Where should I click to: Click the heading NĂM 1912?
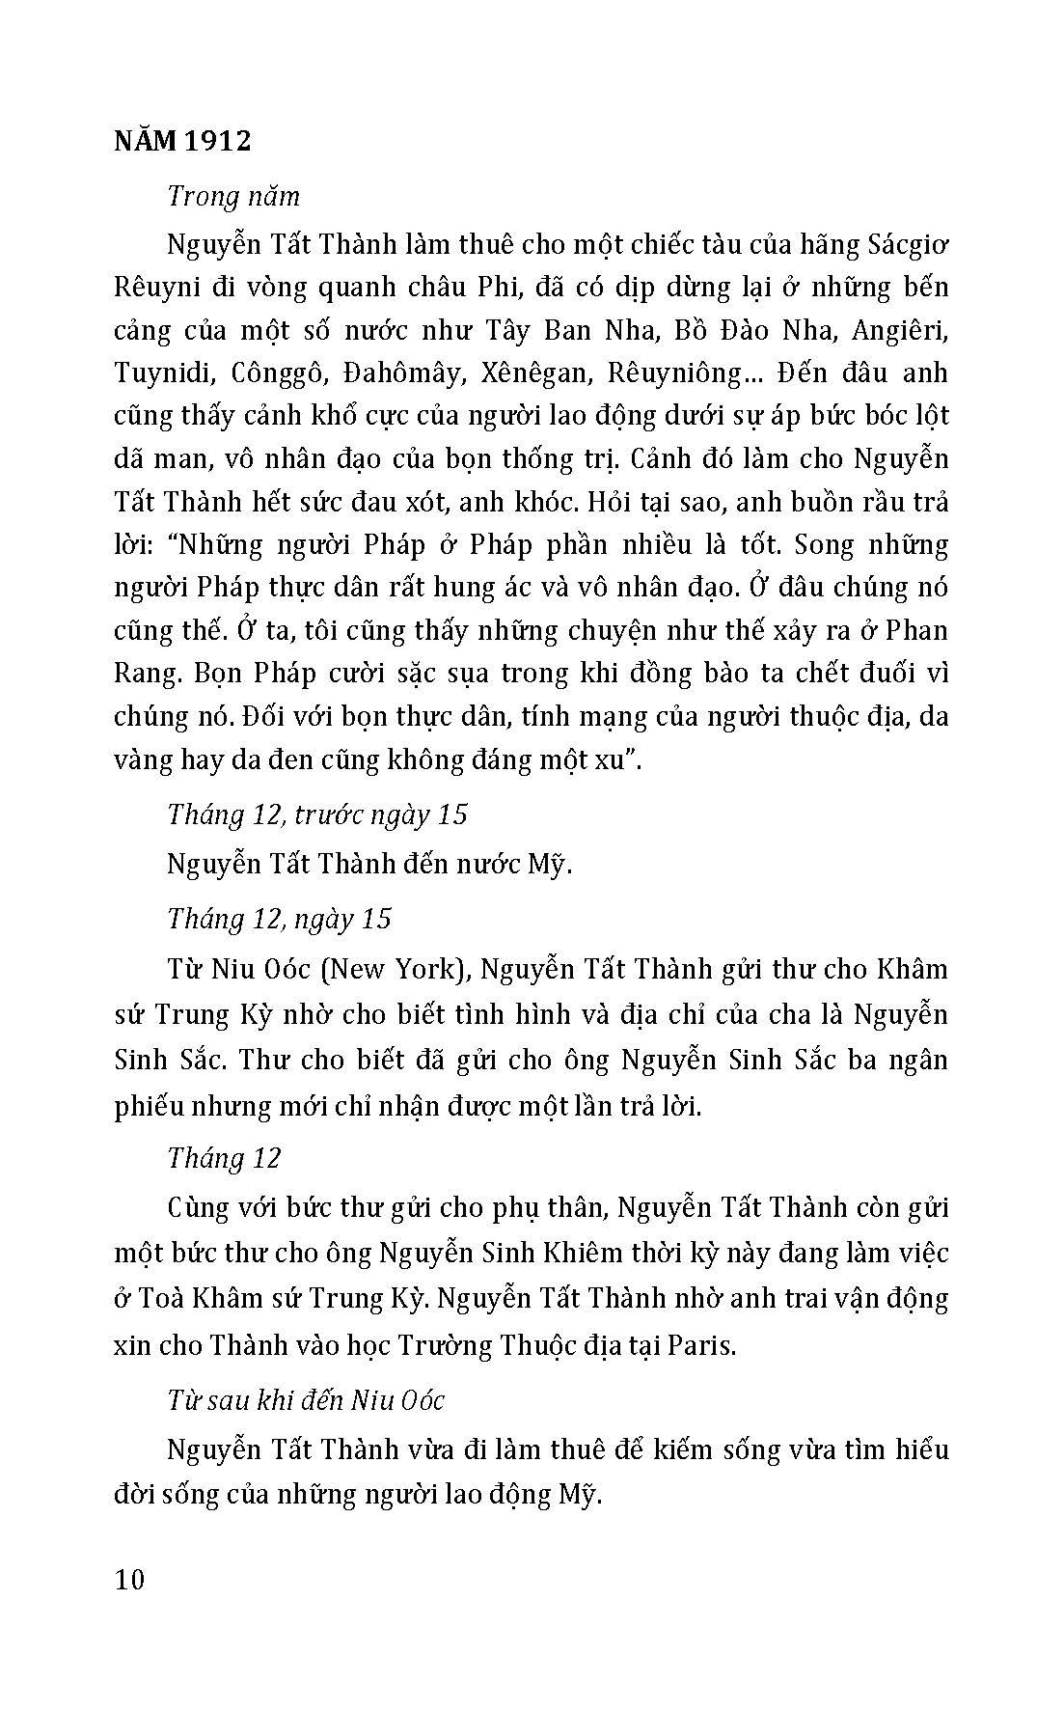pyautogui.click(x=182, y=141)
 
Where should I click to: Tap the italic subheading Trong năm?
pyautogui.click(x=233, y=196)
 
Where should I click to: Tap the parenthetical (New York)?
pyautogui.click(x=393, y=968)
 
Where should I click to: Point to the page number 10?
pyautogui.click(x=128, y=1580)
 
